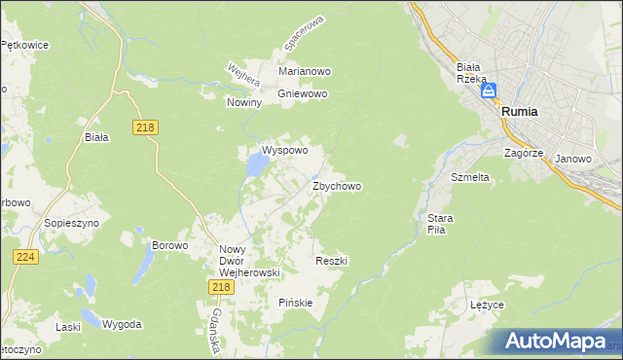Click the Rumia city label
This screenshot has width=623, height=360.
[520, 112]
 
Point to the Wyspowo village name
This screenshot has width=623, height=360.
[284, 151]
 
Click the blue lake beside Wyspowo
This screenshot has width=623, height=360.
[255, 166]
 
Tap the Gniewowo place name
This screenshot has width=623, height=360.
[302, 94]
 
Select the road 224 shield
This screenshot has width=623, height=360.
[25, 256]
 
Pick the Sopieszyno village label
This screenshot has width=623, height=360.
[67, 223]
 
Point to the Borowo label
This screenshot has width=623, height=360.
[169, 245]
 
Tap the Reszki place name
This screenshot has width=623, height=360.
[332, 261]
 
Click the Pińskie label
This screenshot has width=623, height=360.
[296, 303]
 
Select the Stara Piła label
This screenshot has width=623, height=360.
[435, 224]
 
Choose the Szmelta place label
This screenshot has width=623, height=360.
[469, 178]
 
